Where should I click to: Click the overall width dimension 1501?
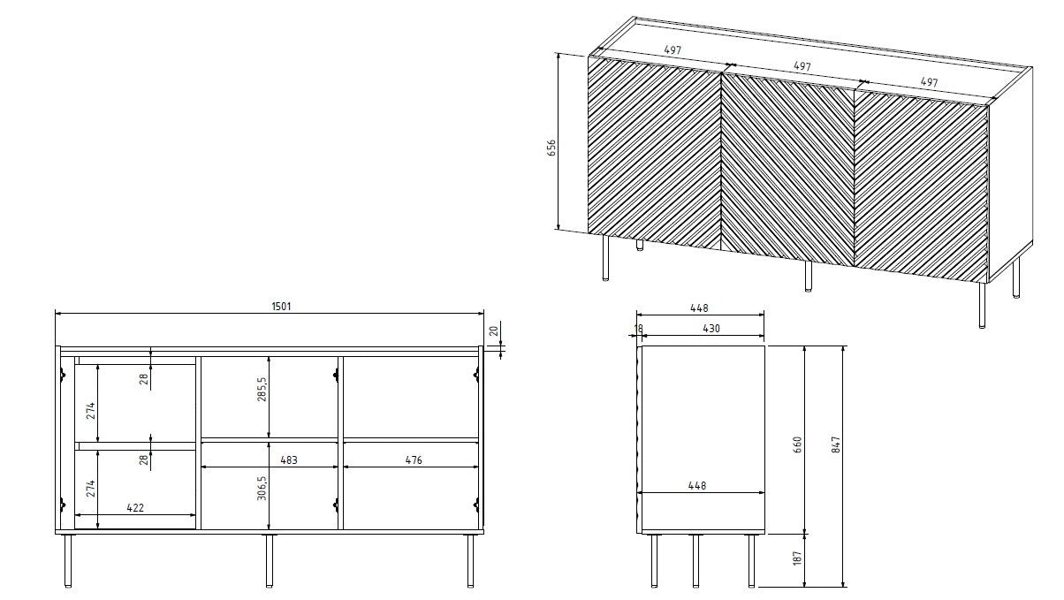click(x=281, y=307)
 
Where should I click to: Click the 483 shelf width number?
click(x=287, y=459)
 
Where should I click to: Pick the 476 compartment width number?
click(x=413, y=459)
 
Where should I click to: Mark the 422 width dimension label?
click(x=135, y=507)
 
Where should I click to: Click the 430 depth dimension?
click(x=711, y=329)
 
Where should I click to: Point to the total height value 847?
click(x=836, y=444)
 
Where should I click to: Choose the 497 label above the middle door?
click(x=802, y=66)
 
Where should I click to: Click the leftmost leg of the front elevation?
click(x=68, y=560)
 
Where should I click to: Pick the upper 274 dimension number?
click(x=89, y=411)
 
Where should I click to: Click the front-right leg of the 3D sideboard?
click(x=983, y=306)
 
